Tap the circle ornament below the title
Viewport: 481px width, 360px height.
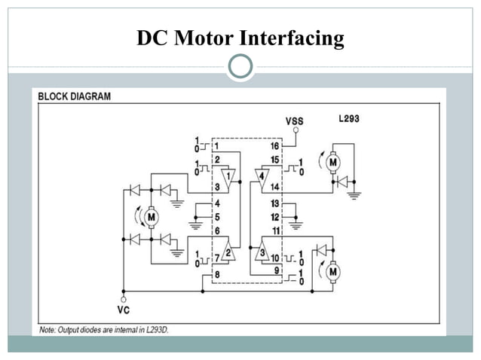(240, 66)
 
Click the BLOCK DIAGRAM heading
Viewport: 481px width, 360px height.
(74, 96)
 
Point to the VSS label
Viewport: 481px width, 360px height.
(296, 121)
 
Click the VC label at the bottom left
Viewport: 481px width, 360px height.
(124, 309)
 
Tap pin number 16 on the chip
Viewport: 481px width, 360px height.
(274, 145)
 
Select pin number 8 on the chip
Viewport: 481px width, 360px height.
(216, 274)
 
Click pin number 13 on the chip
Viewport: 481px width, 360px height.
(275, 203)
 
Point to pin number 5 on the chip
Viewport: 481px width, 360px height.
(216, 217)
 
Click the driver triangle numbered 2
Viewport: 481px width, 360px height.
(228, 253)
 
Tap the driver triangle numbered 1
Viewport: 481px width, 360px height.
(228, 177)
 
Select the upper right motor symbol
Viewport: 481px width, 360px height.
(333, 160)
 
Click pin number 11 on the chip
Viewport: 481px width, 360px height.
(275, 230)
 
